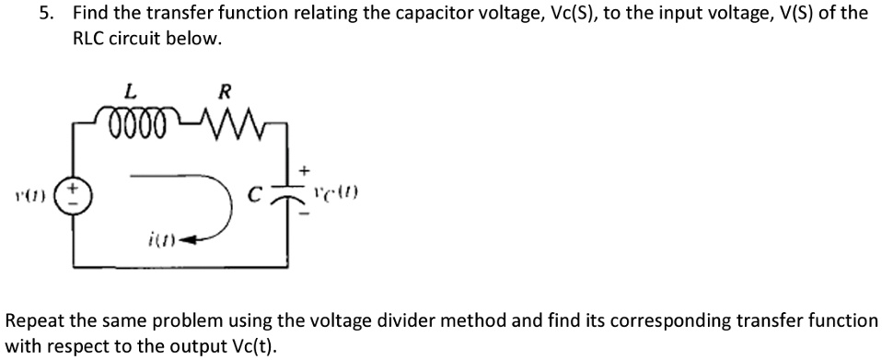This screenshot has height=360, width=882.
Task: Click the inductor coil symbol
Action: point(135,123)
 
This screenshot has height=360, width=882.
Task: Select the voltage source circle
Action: point(75,194)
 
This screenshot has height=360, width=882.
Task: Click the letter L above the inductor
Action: point(131,92)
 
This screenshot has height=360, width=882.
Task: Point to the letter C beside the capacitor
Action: point(262,195)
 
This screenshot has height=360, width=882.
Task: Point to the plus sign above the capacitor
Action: point(306,171)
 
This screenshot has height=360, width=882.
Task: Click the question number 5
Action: point(52,13)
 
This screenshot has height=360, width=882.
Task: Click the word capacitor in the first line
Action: point(357,13)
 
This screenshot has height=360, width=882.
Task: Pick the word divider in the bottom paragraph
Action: point(389,321)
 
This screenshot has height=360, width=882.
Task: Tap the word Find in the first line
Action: point(90,13)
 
